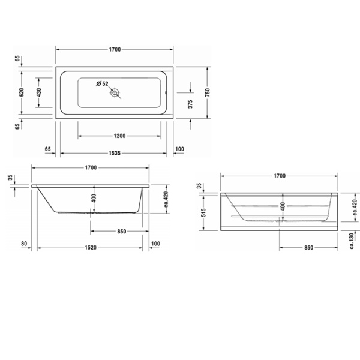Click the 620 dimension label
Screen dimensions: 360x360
pos(21,92)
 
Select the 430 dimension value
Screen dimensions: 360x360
pos(39,92)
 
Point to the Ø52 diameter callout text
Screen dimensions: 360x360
pos(102,84)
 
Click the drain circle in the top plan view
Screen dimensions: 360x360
pos(114,93)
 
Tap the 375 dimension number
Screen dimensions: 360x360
pos(190,102)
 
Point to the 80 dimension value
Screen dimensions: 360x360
pos(24,243)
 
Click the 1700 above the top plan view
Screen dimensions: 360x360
pos(115,49)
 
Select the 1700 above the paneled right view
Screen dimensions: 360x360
pos(280,176)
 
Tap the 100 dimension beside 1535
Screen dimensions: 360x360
pos(179,149)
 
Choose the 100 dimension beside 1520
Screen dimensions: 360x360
pos(156,243)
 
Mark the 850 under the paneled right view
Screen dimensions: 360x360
pos(308,247)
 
